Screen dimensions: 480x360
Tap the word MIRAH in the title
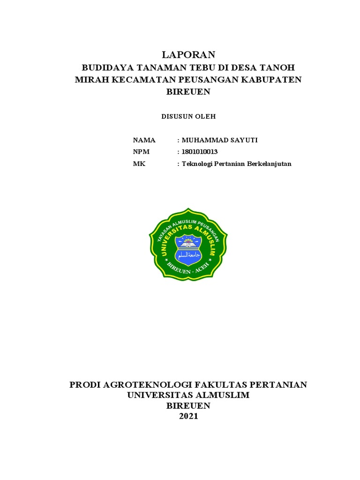pos(92,79)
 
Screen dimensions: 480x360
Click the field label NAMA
pos(144,140)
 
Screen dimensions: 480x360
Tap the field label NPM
pos(141,152)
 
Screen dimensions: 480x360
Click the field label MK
pos(139,164)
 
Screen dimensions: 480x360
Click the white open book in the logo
pos(188,245)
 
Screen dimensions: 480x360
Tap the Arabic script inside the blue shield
pos(188,255)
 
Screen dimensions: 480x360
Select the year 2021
pos(188,416)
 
